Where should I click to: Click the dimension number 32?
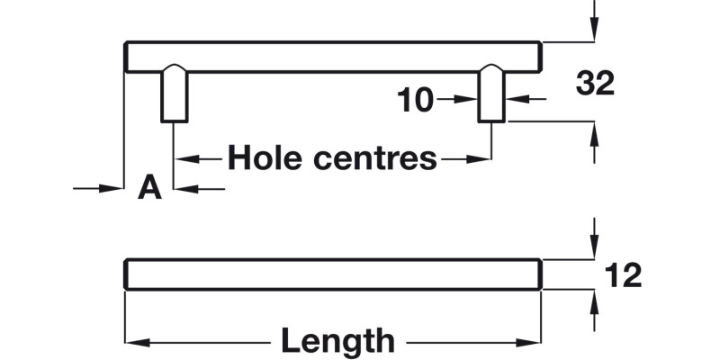pos(595,84)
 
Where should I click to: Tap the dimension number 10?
pos(416,101)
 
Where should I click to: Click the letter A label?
pos(149,188)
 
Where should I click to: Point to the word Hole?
pos(264,158)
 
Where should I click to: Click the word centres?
pos(374,158)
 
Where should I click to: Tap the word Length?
pos(337,342)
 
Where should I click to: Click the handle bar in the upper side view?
pos(333,57)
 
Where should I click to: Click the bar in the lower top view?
pos(333,274)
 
